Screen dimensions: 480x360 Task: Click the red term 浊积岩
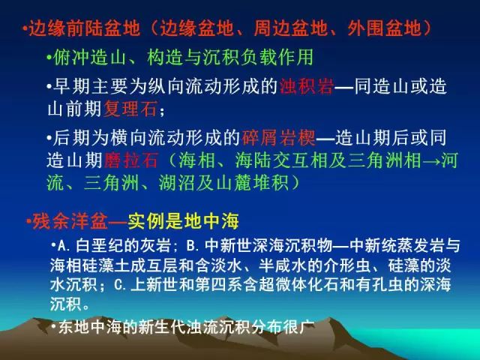point(307,87)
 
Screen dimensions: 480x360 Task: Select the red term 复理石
point(130,108)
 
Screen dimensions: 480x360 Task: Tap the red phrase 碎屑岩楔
point(278,138)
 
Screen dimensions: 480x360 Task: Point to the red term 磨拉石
point(130,160)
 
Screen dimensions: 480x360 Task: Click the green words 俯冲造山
point(89,57)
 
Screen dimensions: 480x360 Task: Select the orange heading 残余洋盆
point(70,221)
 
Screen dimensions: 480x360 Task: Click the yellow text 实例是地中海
point(183,221)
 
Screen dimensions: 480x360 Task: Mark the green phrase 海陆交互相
point(280,160)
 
